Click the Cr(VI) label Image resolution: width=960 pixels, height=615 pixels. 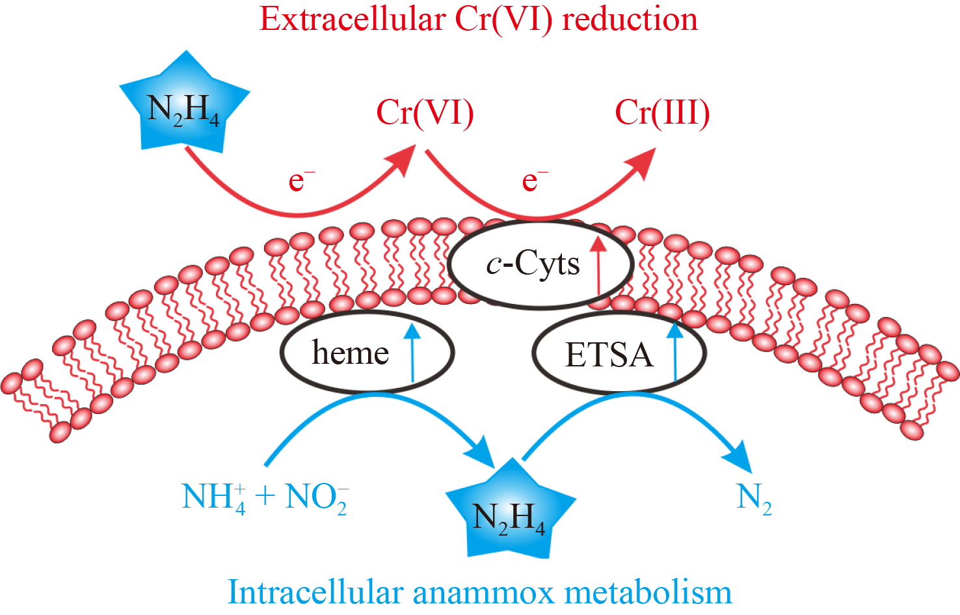click(x=425, y=113)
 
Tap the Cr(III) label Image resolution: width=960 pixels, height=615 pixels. click(x=662, y=113)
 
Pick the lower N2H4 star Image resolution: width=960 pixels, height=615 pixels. click(x=509, y=513)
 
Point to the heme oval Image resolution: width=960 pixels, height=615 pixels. click(x=351, y=353)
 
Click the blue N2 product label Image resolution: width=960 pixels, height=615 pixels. click(x=753, y=499)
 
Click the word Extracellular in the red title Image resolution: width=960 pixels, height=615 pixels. click(x=352, y=19)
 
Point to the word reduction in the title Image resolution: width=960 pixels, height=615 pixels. click(x=630, y=19)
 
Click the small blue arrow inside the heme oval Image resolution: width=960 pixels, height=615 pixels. click(x=412, y=351)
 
